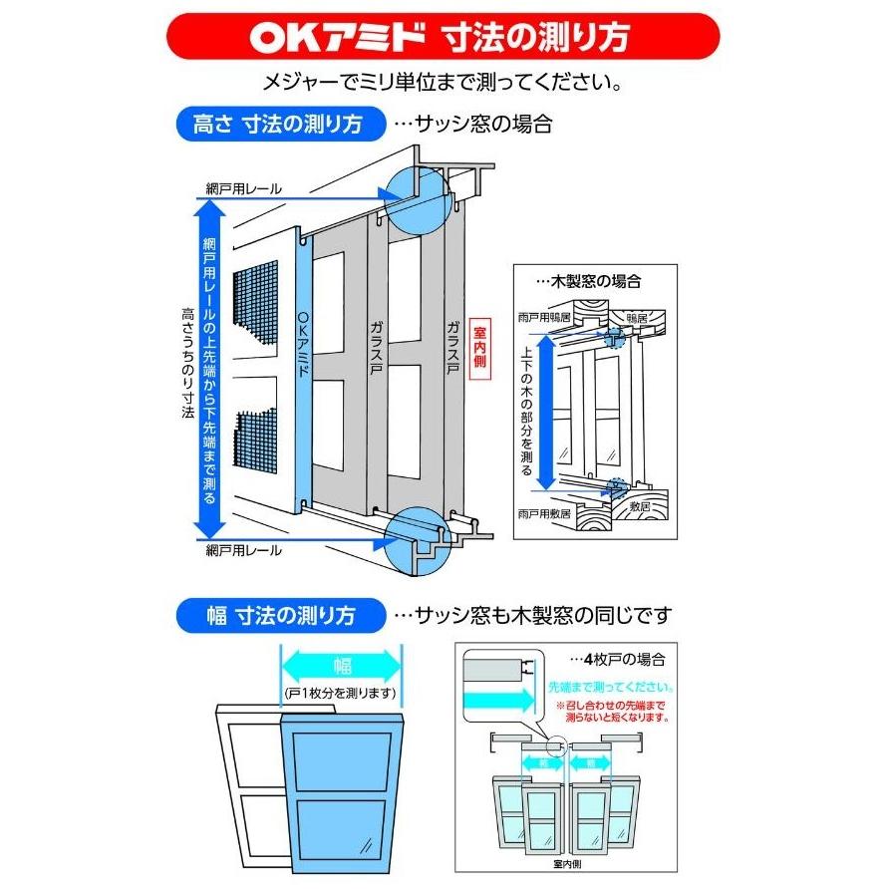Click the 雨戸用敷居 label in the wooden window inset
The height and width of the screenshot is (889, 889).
tap(544, 514)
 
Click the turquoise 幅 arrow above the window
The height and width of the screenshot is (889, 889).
tap(342, 661)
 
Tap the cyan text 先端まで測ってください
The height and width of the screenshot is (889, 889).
tap(611, 688)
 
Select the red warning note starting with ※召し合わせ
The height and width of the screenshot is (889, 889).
tap(609, 710)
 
